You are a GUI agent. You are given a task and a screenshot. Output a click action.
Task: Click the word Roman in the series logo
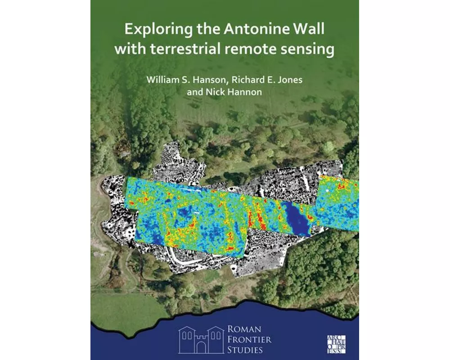tap(245, 329)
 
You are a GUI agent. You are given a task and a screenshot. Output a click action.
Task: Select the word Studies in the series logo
tap(248, 350)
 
